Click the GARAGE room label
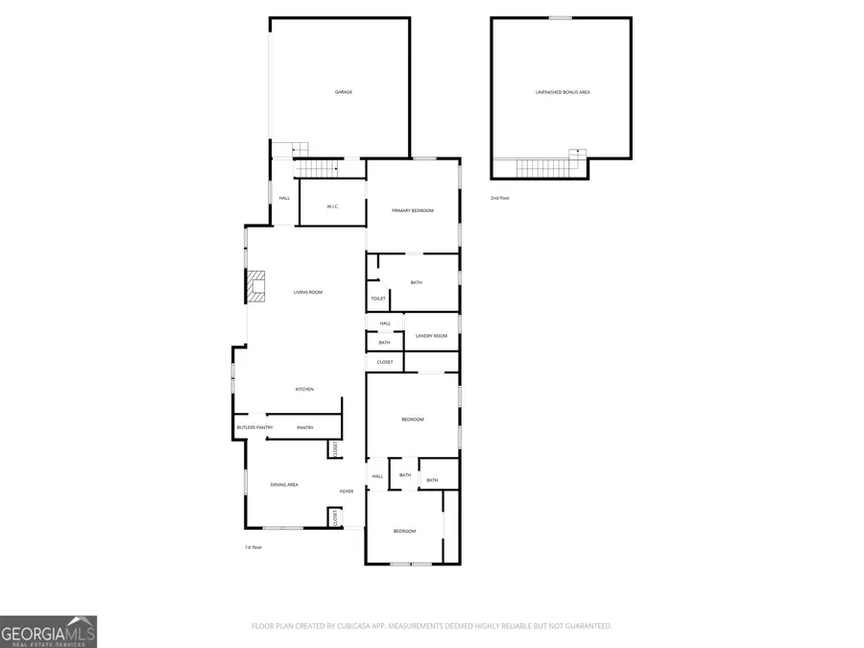(343, 92)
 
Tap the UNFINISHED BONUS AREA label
(563, 92)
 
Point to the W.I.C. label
(333, 206)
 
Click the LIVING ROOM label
(307, 292)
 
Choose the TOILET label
(378, 299)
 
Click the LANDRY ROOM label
(431, 336)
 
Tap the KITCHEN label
(304, 389)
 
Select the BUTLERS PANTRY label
(255, 427)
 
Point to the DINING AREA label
(284, 485)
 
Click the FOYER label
(347, 492)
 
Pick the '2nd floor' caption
(500, 198)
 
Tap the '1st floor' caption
(253, 547)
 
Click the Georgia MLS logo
(48, 632)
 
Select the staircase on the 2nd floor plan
(551, 168)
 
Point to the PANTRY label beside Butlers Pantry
(305, 427)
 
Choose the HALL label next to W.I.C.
(284, 198)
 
